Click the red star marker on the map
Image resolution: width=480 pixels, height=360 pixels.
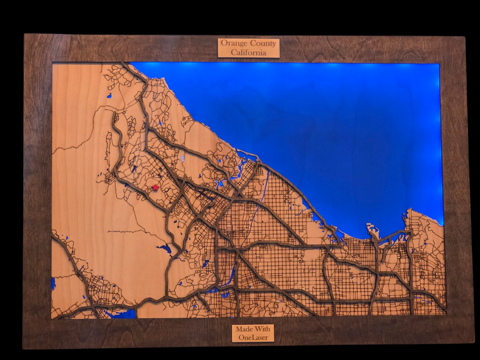click(155, 187)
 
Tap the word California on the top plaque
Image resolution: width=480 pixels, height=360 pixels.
click(248, 52)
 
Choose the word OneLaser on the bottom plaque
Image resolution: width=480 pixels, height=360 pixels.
click(253, 337)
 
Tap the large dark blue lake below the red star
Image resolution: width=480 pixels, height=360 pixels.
click(165, 248)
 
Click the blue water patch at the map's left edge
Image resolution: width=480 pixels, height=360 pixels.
click(53, 283)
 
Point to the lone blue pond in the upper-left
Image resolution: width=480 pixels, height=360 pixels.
click(109, 96)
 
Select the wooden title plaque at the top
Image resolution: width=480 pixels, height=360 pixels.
click(248, 48)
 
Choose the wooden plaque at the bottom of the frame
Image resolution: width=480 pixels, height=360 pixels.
click(253, 333)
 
